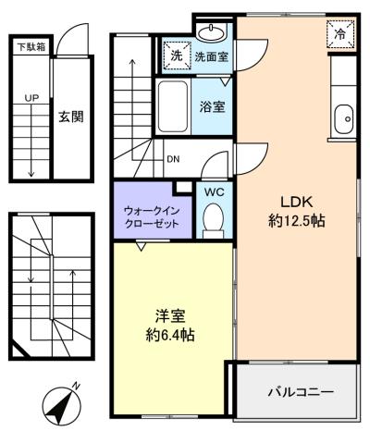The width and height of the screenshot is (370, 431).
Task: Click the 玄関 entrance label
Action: [x=71, y=117]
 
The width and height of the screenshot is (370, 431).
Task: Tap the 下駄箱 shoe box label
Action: [x=31, y=47]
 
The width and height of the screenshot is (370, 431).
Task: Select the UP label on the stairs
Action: [x=31, y=98]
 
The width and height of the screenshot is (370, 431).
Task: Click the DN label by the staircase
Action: [x=173, y=159]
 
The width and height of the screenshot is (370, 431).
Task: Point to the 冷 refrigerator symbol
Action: [x=340, y=33]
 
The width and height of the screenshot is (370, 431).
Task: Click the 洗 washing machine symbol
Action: [x=177, y=55]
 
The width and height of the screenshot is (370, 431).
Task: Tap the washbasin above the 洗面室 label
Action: [x=211, y=32]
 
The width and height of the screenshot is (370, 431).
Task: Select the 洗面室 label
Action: [x=212, y=56]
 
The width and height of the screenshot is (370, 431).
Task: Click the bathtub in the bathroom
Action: [x=173, y=106]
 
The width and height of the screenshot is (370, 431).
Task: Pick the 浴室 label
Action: [x=212, y=106]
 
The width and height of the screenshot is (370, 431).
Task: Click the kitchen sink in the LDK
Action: [x=343, y=118]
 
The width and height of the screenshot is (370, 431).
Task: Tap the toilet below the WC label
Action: [x=213, y=220]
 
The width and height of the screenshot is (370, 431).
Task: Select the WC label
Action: [x=214, y=192]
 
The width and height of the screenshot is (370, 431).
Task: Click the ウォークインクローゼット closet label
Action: [x=152, y=217]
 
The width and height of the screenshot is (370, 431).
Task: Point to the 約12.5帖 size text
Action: [x=297, y=221]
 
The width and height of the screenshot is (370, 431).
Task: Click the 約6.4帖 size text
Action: [x=170, y=335]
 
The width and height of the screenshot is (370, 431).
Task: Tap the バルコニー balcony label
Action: [x=301, y=392]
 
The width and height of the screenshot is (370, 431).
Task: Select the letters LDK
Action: [x=296, y=203]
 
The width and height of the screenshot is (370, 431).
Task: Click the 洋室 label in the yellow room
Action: [x=170, y=316]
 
